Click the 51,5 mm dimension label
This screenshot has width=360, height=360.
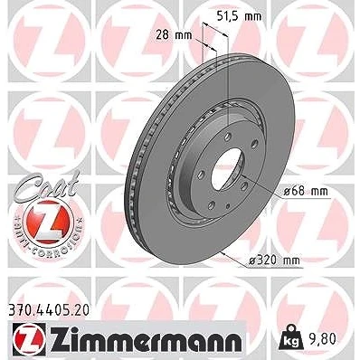tap(240, 16)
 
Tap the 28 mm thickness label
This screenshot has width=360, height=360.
tap(174, 35)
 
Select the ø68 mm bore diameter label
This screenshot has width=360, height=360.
tap(306, 191)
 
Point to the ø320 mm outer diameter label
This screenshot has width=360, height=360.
tap(274, 261)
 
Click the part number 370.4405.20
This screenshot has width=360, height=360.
tap(48, 309)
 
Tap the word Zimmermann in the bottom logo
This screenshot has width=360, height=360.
tap(146, 340)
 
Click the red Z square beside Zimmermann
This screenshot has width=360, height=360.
tap(29, 340)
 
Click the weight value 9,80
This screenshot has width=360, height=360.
tap(321, 339)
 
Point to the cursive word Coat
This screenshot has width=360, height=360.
tap(46, 184)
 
